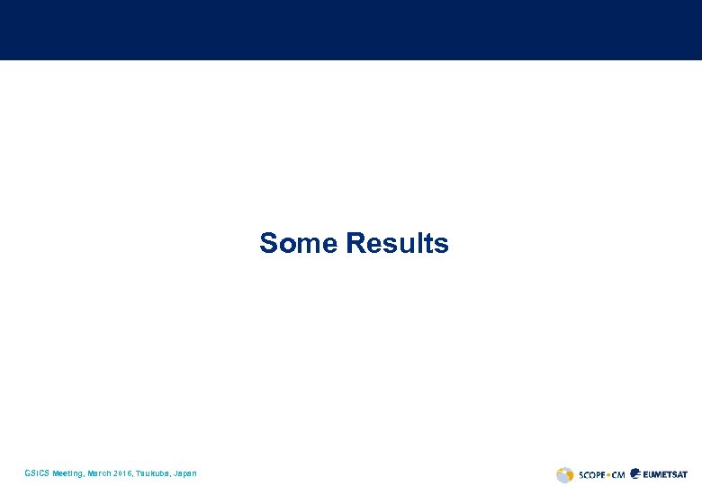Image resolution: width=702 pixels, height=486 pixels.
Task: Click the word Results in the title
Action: click(x=397, y=243)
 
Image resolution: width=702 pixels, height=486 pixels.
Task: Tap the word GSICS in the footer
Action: click(x=37, y=473)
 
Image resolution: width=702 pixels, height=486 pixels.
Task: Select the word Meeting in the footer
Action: click(x=67, y=473)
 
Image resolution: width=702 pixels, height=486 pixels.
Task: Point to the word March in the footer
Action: click(x=97, y=473)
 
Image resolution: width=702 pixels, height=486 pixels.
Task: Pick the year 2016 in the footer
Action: click(x=123, y=473)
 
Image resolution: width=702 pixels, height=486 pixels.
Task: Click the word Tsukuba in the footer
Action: click(x=152, y=473)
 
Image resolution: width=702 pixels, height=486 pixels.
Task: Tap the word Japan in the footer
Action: click(x=184, y=473)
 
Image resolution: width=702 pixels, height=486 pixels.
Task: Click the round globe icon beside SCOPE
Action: click(x=564, y=474)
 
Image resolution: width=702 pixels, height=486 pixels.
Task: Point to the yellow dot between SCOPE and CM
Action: click(x=607, y=474)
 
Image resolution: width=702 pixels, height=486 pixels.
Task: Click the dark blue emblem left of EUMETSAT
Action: click(x=636, y=473)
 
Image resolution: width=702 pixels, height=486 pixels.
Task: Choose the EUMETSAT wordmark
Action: click(x=667, y=474)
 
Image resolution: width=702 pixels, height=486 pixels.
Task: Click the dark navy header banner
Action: click(x=351, y=30)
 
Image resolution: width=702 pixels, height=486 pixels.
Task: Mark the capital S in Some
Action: click(x=268, y=243)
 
